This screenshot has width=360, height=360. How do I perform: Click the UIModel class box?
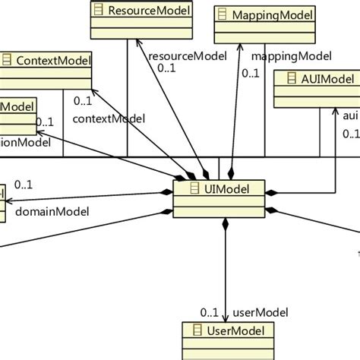pyautogui.click(x=220, y=198)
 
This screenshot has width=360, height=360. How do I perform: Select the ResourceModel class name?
pyautogui.click(x=149, y=11)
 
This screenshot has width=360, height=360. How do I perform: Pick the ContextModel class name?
pyautogui.click(x=54, y=59)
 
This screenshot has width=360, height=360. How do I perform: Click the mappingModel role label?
pyautogui.click(x=281, y=55)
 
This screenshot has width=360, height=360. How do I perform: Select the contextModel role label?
pyautogui.click(x=108, y=118)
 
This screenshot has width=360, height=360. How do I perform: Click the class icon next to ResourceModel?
pyautogui.click(x=99, y=11)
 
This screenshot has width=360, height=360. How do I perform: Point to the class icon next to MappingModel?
pyautogui.click(x=223, y=14)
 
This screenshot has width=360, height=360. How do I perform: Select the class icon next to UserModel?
pyautogui.click(x=196, y=330)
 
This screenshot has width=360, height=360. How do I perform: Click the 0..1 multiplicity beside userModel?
pyautogui.click(x=210, y=311)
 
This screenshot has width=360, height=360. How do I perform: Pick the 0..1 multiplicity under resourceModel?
pyautogui.click(x=166, y=68)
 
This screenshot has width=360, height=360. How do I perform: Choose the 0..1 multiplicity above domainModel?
pyautogui.click(x=23, y=184)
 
